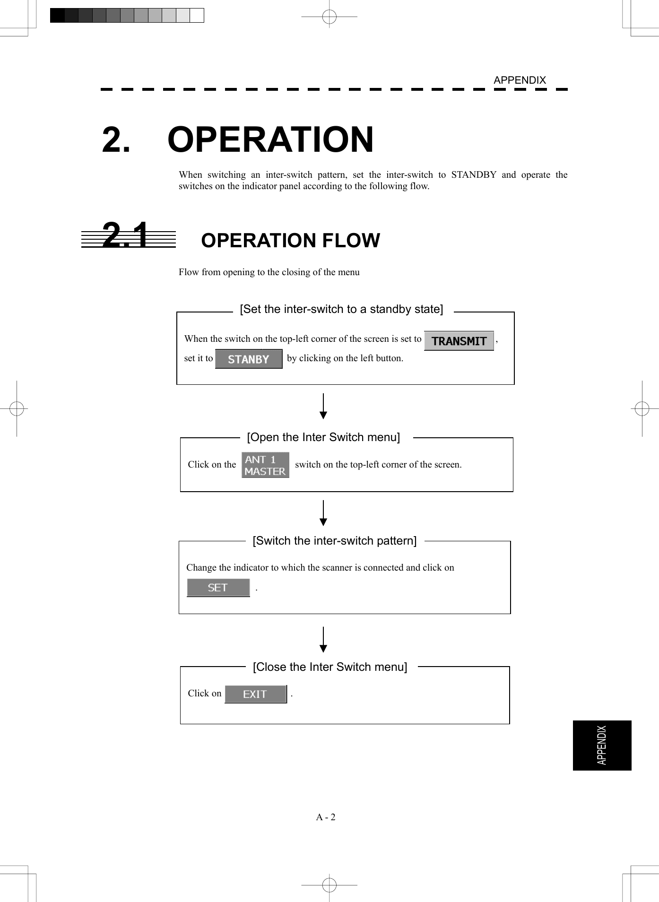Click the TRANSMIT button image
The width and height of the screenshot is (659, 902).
(x=459, y=341)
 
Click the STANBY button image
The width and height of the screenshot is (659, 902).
(x=249, y=359)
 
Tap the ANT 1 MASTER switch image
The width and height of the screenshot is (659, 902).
(x=265, y=465)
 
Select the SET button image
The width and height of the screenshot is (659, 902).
(x=218, y=588)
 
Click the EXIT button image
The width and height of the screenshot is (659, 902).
(x=256, y=694)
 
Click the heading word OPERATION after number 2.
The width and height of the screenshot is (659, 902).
(x=270, y=140)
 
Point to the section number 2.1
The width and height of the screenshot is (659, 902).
(x=126, y=235)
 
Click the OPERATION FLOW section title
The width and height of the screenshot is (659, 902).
(x=290, y=241)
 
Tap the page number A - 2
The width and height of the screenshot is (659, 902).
(x=326, y=817)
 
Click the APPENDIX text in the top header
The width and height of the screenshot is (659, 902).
(x=520, y=80)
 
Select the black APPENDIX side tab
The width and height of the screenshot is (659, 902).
(x=602, y=745)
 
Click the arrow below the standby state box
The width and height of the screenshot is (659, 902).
(x=323, y=406)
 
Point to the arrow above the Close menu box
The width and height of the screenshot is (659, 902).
(x=323, y=640)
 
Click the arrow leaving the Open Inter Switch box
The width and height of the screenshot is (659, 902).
(x=323, y=513)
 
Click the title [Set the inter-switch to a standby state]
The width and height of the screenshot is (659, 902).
(x=341, y=309)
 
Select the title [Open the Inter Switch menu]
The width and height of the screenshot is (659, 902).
(x=323, y=437)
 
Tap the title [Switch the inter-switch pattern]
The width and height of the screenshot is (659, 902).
(x=335, y=541)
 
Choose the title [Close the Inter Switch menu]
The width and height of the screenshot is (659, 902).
(x=330, y=667)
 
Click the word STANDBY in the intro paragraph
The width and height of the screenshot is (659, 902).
(x=473, y=175)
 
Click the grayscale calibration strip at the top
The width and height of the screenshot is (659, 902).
(x=127, y=16)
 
